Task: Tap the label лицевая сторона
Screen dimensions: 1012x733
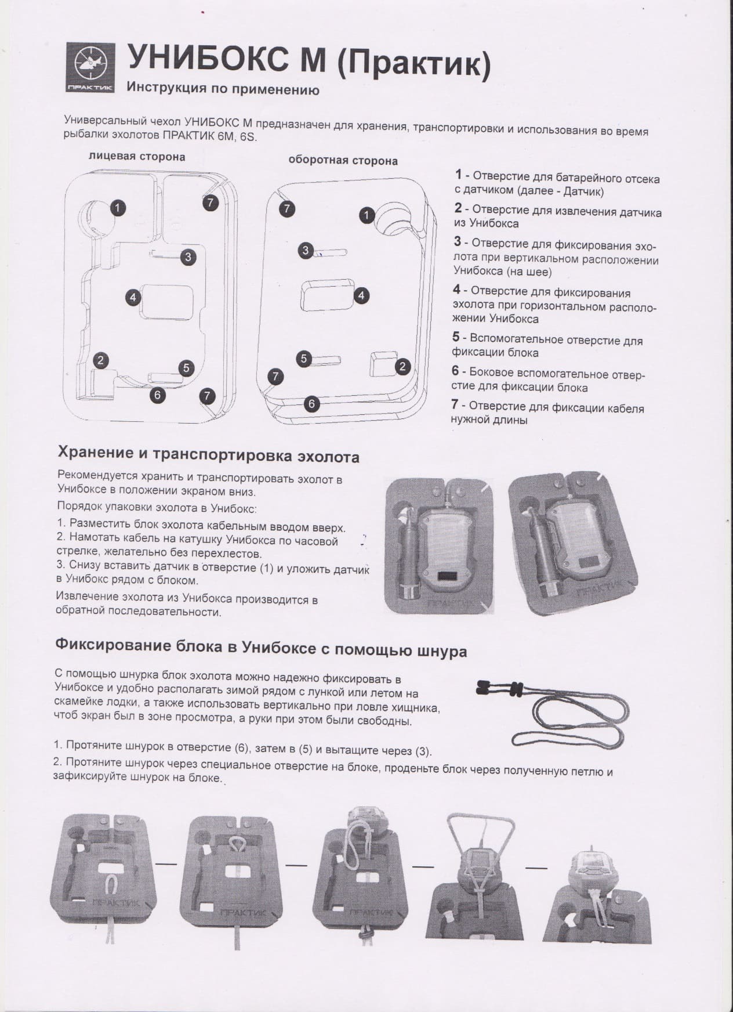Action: point(137,156)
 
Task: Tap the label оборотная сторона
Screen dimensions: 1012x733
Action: point(343,160)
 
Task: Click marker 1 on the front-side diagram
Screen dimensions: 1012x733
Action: point(117,207)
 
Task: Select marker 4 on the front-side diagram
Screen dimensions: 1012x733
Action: point(133,297)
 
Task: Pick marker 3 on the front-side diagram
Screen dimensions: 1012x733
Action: point(187,257)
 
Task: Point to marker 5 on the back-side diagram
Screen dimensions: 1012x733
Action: point(304,359)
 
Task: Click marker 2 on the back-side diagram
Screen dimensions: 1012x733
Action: point(402,366)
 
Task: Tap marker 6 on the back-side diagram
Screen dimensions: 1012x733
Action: point(311,403)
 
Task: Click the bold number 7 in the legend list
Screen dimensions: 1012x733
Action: point(455,405)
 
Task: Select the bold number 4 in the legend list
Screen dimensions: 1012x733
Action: point(457,290)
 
